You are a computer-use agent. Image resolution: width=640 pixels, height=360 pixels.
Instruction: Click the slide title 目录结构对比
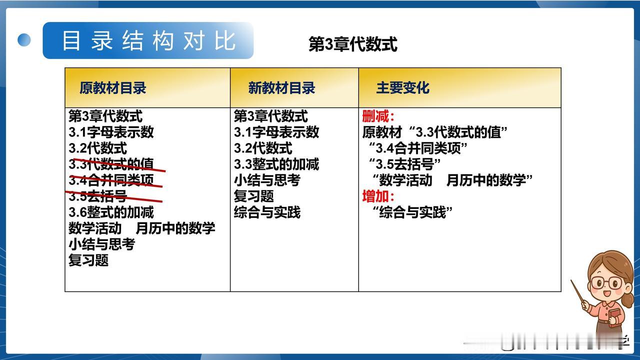(x=149, y=41)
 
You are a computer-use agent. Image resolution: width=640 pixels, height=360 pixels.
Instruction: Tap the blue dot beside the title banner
(x=24, y=40)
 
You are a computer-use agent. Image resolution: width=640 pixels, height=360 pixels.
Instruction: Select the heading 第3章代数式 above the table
(x=353, y=44)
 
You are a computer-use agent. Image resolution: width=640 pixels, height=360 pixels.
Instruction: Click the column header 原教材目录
(x=113, y=87)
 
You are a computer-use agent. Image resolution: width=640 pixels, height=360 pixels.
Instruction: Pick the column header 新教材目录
(x=281, y=87)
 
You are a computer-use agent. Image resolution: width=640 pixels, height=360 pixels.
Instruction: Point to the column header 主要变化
(x=403, y=87)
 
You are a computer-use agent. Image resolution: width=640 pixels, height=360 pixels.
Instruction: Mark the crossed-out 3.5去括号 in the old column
(x=97, y=196)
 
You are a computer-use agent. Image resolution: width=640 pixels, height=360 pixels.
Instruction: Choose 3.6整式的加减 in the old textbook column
(x=111, y=212)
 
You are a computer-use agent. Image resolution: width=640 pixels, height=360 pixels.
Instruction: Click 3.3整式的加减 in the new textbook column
(x=276, y=164)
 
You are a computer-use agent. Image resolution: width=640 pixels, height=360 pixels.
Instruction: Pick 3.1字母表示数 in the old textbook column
(x=111, y=132)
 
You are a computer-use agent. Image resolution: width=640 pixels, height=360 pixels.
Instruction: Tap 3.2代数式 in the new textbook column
(x=263, y=148)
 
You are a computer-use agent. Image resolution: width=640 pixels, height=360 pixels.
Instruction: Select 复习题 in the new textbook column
(x=253, y=196)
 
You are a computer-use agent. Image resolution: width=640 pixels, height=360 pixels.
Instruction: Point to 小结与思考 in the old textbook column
(x=101, y=244)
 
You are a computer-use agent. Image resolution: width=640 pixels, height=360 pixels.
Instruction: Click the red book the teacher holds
(x=614, y=317)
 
